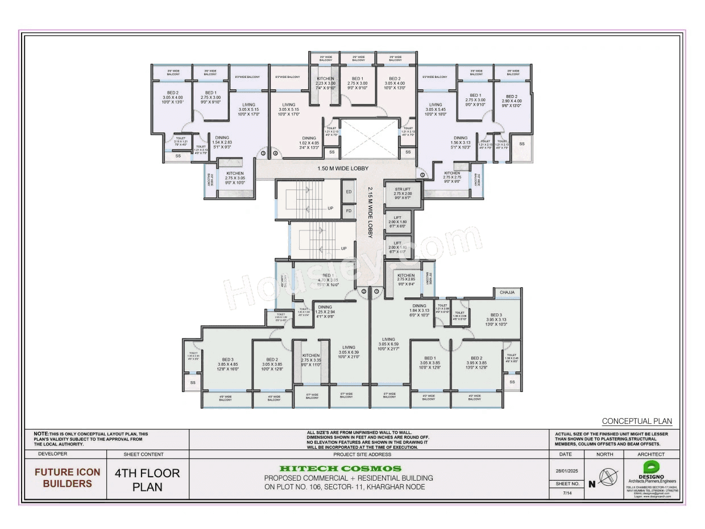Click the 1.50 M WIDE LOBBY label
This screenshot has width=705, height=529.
343,168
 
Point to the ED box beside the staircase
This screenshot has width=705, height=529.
349,192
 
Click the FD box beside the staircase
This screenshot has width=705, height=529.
349,211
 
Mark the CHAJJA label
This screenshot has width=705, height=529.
507,292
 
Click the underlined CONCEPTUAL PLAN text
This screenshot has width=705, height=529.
637,421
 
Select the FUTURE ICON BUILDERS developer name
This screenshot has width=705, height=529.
67,478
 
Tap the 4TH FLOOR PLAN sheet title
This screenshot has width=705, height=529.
147,480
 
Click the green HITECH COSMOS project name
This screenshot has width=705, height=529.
348,468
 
